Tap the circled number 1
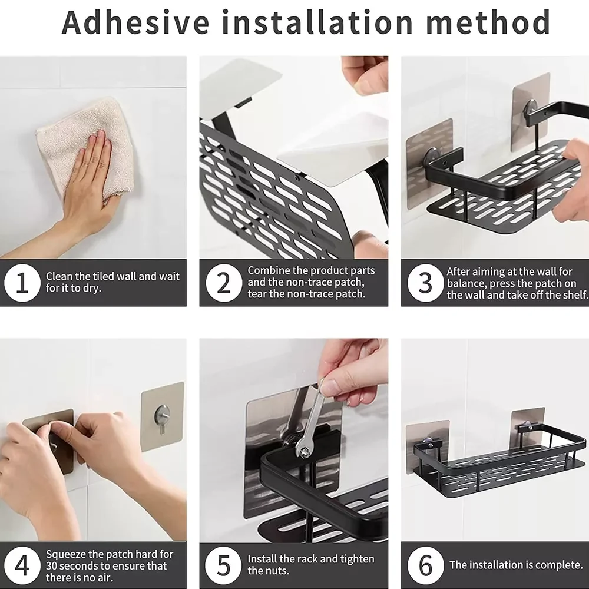[x=22, y=283]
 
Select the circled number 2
[x=224, y=283]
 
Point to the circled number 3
[x=426, y=283]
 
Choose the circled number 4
[x=22, y=565]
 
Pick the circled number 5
[x=224, y=565]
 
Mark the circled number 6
[x=426, y=565]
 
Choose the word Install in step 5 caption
[x=262, y=559]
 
